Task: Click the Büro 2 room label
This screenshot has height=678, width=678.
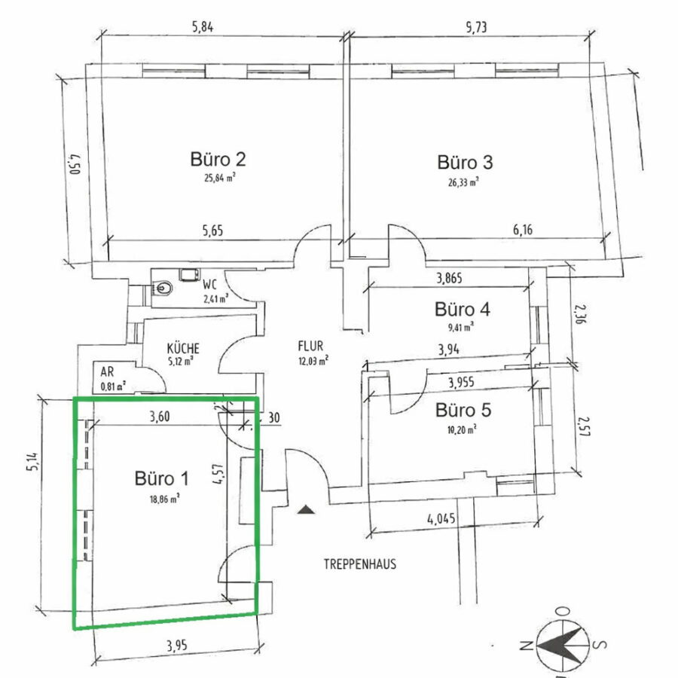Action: coord(218,159)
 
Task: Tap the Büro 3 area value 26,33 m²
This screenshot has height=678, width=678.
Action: coord(463,182)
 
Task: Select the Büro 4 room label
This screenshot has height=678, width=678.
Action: coord(463,310)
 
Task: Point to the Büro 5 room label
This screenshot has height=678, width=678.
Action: coord(463,410)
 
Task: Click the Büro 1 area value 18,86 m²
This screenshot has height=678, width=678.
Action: coord(165,499)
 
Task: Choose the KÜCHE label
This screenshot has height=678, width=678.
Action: coord(183,348)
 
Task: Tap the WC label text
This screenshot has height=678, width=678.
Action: coord(209,285)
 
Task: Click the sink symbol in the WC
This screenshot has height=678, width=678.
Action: coord(163,288)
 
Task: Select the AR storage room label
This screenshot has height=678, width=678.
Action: coord(107,372)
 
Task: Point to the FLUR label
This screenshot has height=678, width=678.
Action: coord(310,346)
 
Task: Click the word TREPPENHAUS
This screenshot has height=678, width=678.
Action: coord(360,563)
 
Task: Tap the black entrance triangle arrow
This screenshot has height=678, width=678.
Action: coord(306,509)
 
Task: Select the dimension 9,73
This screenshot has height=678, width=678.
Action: coord(477,27)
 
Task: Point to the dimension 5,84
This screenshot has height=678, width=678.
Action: coord(203,27)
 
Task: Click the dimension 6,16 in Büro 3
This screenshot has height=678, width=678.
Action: coord(523,230)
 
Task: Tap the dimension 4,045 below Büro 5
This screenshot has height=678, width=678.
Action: coord(441,518)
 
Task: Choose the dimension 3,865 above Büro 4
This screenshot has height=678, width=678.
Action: coord(449,278)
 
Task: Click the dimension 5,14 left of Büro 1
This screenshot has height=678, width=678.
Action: coord(34,463)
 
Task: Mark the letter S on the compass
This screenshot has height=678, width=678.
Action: coord(600,645)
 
